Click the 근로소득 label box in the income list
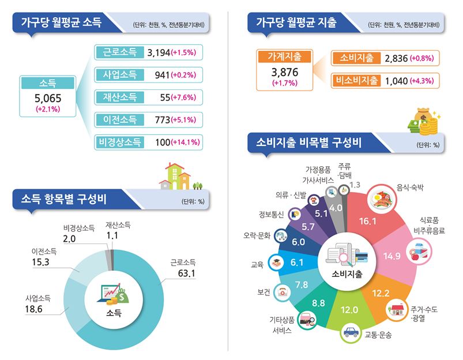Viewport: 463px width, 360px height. pos(119,52)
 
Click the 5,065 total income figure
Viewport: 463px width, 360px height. pos(48,98)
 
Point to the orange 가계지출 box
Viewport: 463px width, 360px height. pos(283,57)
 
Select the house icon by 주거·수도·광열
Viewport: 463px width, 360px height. pos(395,308)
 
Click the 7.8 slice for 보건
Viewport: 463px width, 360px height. pos(300,284)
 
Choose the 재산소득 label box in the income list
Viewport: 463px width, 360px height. pos(119,97)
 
